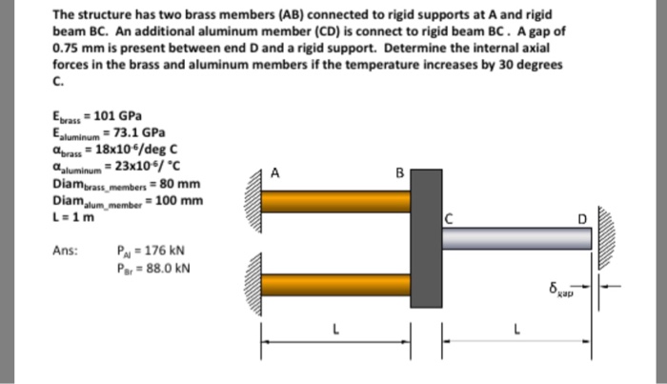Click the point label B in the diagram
[x=400, y=173]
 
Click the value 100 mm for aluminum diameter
[x=180, y=200]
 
